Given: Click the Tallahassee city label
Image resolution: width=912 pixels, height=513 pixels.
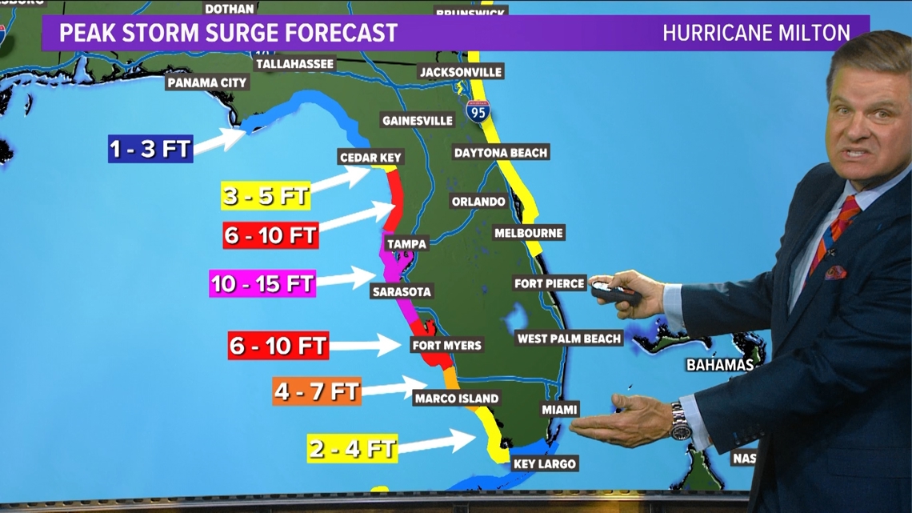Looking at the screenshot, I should point(294,63).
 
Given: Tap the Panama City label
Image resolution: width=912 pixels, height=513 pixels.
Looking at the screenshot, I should point(207,82).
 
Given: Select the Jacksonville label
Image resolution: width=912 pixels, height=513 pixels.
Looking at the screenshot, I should point(462,72).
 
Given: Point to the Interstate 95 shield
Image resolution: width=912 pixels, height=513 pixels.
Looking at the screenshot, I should point(478,112).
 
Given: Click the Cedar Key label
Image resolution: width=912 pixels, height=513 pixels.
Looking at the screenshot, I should point(370,158).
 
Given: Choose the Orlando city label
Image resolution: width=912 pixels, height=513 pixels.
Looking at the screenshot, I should point(478,202).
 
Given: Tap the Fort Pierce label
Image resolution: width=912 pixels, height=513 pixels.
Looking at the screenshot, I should point(550,283).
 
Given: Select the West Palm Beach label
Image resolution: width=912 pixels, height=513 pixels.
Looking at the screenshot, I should point(569,339).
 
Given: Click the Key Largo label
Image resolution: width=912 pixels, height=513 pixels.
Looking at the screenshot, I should point(544,463).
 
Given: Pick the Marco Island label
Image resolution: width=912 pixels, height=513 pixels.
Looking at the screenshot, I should point(456,398).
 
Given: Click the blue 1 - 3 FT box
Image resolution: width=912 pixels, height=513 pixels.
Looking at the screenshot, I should point(151,149).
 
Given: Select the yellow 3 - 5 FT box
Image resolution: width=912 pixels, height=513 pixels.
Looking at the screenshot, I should point(266,195).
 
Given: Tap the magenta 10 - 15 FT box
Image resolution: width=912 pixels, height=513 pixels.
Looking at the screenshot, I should point(262,283).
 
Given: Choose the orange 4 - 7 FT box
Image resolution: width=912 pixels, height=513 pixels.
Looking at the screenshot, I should point(317,391).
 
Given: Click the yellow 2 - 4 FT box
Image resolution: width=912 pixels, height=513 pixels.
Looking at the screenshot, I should point(353,448).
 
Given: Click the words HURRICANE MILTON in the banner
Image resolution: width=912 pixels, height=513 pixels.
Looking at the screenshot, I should point(756,33).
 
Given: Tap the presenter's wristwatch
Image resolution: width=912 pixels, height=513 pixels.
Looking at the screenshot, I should point(681,421).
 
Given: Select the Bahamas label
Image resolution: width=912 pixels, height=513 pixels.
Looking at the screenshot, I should point(719,365).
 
